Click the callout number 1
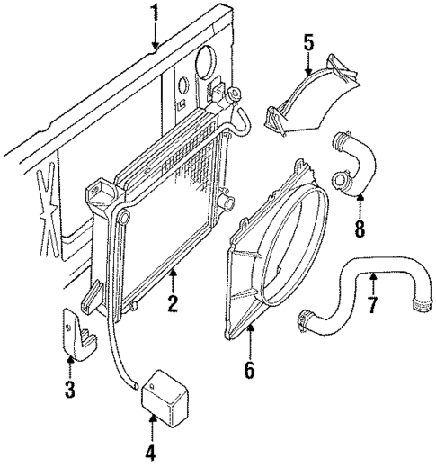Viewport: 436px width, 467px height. (x=155, y=13)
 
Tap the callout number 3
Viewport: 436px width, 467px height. (x=70, y=392)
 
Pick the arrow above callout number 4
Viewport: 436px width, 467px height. (x=152, y=427)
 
